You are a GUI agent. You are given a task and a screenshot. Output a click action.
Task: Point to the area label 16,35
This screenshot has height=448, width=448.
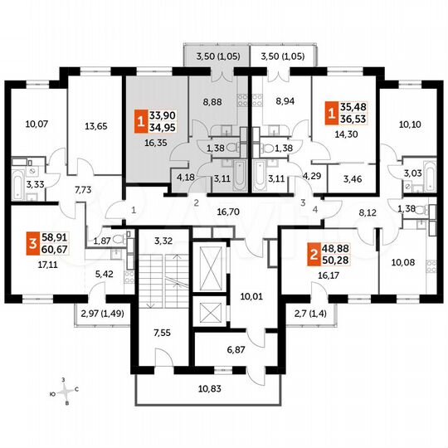point(155,143)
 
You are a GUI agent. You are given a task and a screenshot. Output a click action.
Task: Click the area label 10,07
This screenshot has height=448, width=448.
point(37,125)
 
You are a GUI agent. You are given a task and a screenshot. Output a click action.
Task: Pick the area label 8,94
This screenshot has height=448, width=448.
point(275,104)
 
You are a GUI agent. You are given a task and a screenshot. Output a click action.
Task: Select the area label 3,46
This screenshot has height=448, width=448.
point(341,178)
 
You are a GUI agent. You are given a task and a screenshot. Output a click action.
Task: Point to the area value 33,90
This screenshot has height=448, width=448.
point(164,116)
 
